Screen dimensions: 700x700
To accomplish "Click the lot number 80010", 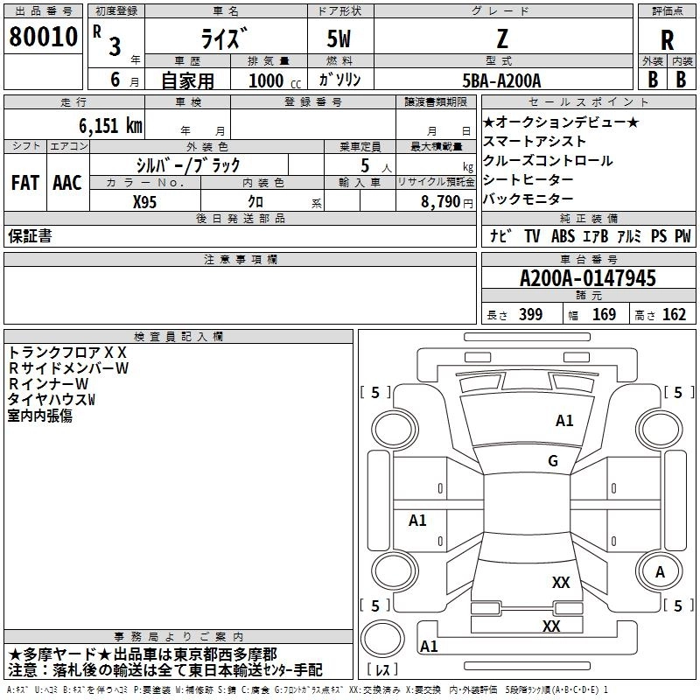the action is [43, 37].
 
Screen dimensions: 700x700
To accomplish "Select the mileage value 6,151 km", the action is [111, 126].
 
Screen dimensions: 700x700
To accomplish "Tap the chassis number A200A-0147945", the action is [588, 278].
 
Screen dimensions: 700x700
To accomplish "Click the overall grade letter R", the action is [667, 40].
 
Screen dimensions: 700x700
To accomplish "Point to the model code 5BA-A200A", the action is [501, 80].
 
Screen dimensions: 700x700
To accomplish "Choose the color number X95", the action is [144, 202].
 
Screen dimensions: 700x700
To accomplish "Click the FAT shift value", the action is [25, 183].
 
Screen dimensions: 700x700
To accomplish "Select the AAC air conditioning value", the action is [67, 183].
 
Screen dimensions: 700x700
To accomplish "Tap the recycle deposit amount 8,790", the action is [441, 202].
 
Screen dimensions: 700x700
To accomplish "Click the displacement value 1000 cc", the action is [275, 80].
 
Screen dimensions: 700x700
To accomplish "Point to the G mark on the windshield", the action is [553, 461].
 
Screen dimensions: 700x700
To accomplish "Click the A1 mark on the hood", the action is [564, 421].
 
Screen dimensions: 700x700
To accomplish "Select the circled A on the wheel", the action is [660, 572].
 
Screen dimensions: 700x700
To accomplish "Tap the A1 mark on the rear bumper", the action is [429, 646].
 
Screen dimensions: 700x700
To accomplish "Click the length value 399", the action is [530, 314].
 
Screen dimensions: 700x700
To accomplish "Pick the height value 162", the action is [674, 314].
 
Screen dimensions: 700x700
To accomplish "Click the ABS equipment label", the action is [563, 236].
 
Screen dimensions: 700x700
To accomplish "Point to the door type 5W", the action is [339, 38].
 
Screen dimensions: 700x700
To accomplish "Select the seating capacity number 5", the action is [365, 165].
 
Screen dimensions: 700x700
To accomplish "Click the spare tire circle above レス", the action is [382, 639].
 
